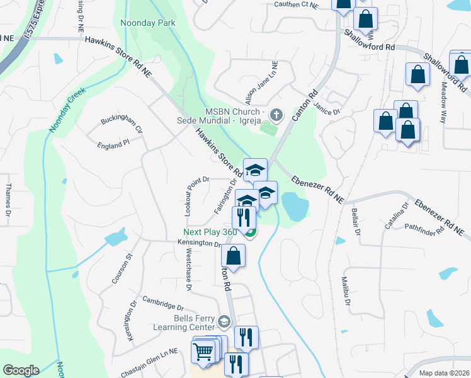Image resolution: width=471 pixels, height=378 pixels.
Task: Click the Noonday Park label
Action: coord(148,23)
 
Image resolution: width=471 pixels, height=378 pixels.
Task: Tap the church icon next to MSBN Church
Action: coord(276,115)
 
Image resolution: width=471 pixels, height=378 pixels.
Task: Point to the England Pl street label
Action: coord(113,144)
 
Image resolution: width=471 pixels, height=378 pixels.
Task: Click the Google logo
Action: coord(20,370)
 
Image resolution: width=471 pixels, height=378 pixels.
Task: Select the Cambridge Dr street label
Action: coord(162,303)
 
